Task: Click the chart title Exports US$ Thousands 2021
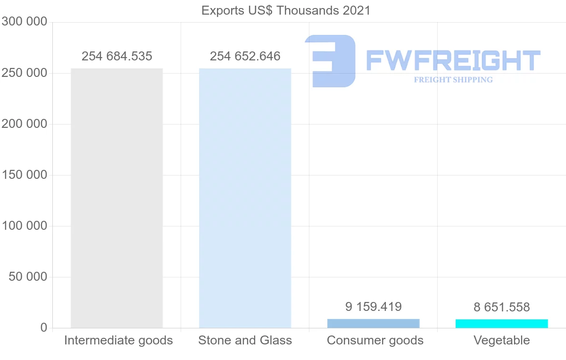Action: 286,10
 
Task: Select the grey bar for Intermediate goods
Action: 117,198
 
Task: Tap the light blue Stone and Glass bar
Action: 245,198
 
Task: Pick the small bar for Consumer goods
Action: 373,324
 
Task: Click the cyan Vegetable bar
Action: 501,324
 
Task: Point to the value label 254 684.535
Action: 117,57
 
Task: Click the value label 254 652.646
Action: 245,57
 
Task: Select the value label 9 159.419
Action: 374,307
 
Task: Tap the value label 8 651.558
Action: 502,308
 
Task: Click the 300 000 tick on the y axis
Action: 24,22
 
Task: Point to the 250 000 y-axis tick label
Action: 24,73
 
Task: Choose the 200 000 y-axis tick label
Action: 24,124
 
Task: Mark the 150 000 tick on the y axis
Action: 24,175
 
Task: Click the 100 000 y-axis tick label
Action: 24,226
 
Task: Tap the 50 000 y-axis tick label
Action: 28,277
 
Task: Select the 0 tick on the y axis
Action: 43,328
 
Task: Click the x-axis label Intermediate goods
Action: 118,340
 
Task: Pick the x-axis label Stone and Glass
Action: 245,340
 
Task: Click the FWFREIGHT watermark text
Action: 453,60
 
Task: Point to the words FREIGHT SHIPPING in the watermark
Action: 453,80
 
